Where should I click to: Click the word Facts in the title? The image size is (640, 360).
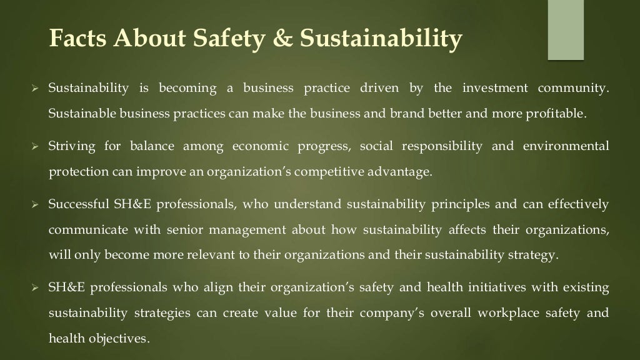point(77,39)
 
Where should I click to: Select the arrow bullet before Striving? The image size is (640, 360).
point(36,146)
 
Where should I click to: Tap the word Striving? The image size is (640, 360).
point(72,146)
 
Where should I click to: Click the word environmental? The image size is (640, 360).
point(566,146)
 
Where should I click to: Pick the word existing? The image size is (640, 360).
point(586,287)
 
